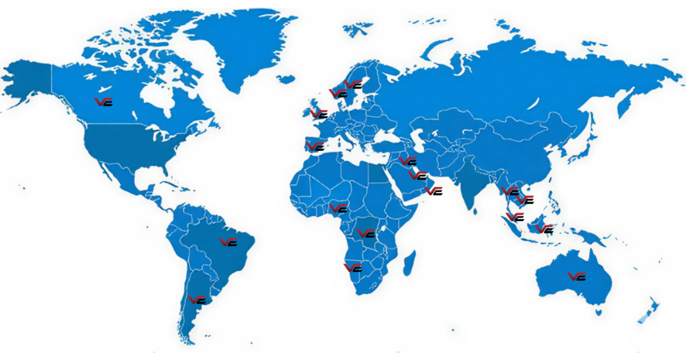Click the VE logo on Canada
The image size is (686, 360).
103,102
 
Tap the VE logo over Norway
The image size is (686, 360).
338,93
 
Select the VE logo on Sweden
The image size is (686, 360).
353,85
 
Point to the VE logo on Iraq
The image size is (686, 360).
408,161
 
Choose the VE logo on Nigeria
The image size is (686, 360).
338,208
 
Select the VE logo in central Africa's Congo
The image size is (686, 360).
366,233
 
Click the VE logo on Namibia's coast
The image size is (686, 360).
353,267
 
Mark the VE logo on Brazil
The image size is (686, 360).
229,242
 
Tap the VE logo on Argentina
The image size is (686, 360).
197,299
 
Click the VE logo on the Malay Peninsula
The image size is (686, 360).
515,217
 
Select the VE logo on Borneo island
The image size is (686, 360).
544,229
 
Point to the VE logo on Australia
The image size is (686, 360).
577,276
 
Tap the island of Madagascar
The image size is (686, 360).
409,266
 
